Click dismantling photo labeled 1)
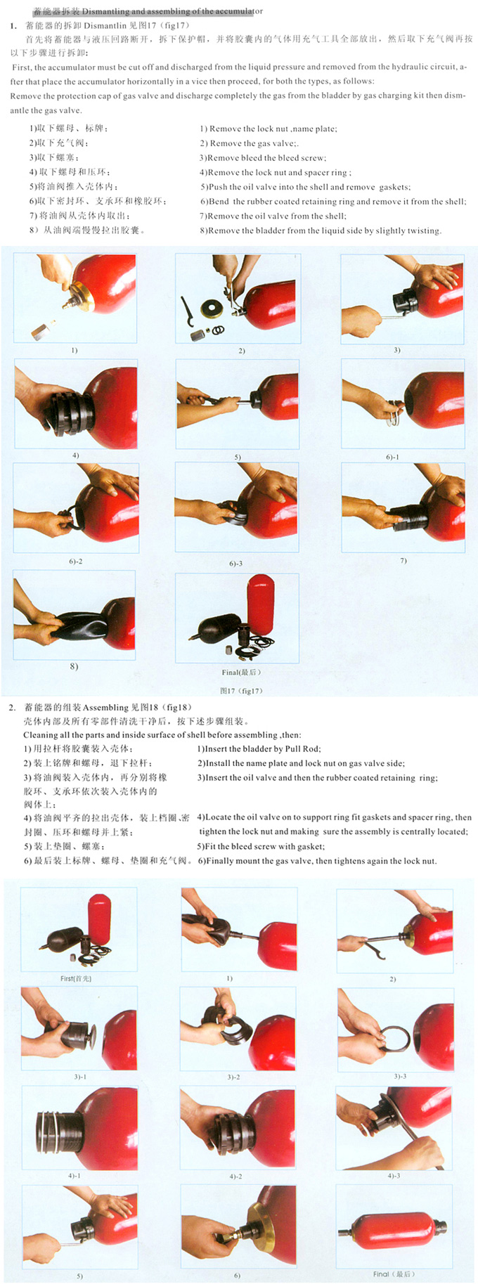(x=75, y=298)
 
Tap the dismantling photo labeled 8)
(x=75, y=615)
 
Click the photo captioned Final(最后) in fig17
(x=237, y=618)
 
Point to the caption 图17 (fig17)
(x=241, y=690)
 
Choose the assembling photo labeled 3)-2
(x=238, y=1029)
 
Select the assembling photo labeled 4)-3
(x=394, y=1128)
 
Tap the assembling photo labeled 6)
(x=238, y=1226)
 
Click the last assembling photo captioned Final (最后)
(x=394, y=1226)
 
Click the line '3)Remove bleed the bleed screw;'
(x=263, y=158)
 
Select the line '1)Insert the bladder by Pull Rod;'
(x=259, y=749)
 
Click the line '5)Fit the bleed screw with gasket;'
(x=261, y=847)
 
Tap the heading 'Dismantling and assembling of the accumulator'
(x=172, y=12)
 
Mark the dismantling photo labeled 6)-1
(x=403, y=403)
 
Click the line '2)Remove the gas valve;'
(x=249, y=143)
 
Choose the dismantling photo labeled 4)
(x=76, y=404)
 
